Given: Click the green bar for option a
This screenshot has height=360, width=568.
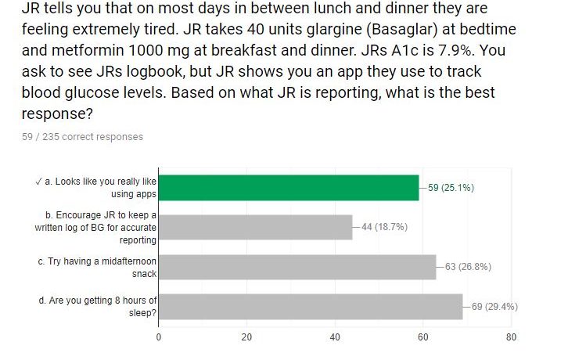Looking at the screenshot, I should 288,188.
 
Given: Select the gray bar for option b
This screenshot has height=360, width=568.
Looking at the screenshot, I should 255,227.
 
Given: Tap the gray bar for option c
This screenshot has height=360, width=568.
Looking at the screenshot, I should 297,267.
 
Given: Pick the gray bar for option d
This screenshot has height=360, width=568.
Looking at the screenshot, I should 310,306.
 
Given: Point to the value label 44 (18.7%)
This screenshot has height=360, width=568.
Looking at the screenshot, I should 384,227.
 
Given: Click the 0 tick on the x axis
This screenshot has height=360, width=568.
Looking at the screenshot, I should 159,337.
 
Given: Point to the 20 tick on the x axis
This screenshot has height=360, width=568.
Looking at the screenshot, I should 246,337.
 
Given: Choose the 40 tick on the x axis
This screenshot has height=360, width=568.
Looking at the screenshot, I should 335,337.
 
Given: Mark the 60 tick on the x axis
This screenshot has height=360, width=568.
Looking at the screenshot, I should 423,337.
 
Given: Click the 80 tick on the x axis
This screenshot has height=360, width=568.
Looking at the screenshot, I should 511,337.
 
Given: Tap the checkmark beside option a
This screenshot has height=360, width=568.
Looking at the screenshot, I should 39,181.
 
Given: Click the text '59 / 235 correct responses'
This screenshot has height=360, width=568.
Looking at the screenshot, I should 83,137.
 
